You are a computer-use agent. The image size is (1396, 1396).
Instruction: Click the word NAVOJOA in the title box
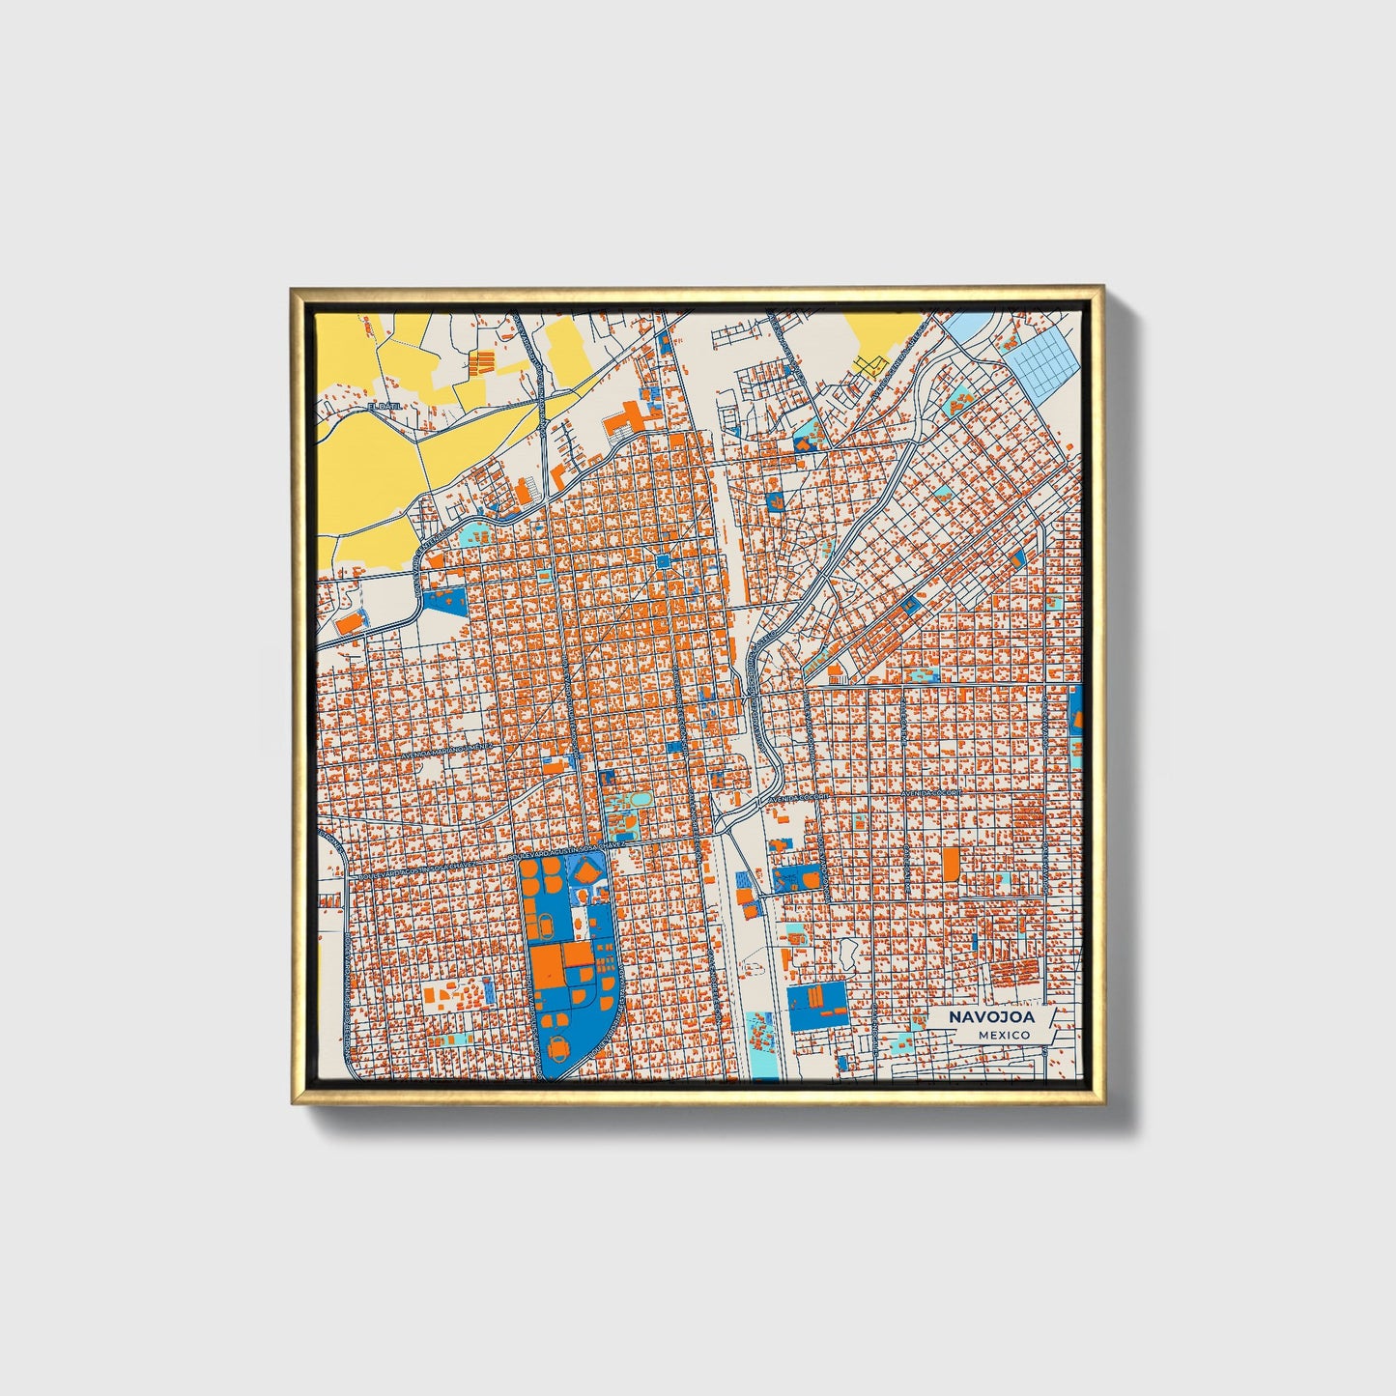point(990,1017)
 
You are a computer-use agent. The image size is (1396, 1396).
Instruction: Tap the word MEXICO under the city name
point(1003,1035)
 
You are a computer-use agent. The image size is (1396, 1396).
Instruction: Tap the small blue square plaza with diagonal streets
point(664,561)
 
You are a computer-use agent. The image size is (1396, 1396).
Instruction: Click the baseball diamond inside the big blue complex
point(587,872)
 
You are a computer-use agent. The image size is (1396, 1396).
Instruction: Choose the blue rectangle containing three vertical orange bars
point(817,1005)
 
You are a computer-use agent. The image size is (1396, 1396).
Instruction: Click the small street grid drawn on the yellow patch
point(870,364)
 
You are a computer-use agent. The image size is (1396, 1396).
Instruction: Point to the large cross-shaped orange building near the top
point(627,418)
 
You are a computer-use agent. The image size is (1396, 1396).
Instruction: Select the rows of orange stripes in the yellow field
point(481,363)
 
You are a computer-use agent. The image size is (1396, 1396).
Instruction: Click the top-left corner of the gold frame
point(294,290)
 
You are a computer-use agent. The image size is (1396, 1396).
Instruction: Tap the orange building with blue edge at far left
point(353,621)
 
